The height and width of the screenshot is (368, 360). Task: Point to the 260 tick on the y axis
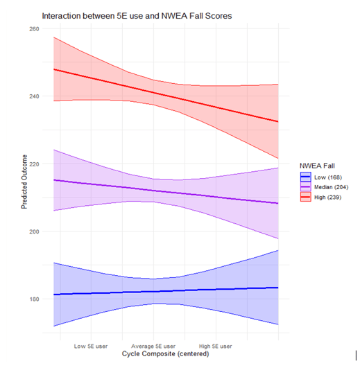34,29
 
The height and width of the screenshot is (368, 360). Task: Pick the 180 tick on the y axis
34,299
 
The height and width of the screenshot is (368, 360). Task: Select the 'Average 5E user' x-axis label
153,344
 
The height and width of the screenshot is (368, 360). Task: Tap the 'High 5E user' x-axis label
216,344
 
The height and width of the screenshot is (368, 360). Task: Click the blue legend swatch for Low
305,177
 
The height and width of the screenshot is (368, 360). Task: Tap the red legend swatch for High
305,198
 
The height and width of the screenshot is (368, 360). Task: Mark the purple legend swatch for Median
305,187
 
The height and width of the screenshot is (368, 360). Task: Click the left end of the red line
53,69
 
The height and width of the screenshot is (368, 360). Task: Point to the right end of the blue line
278,288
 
